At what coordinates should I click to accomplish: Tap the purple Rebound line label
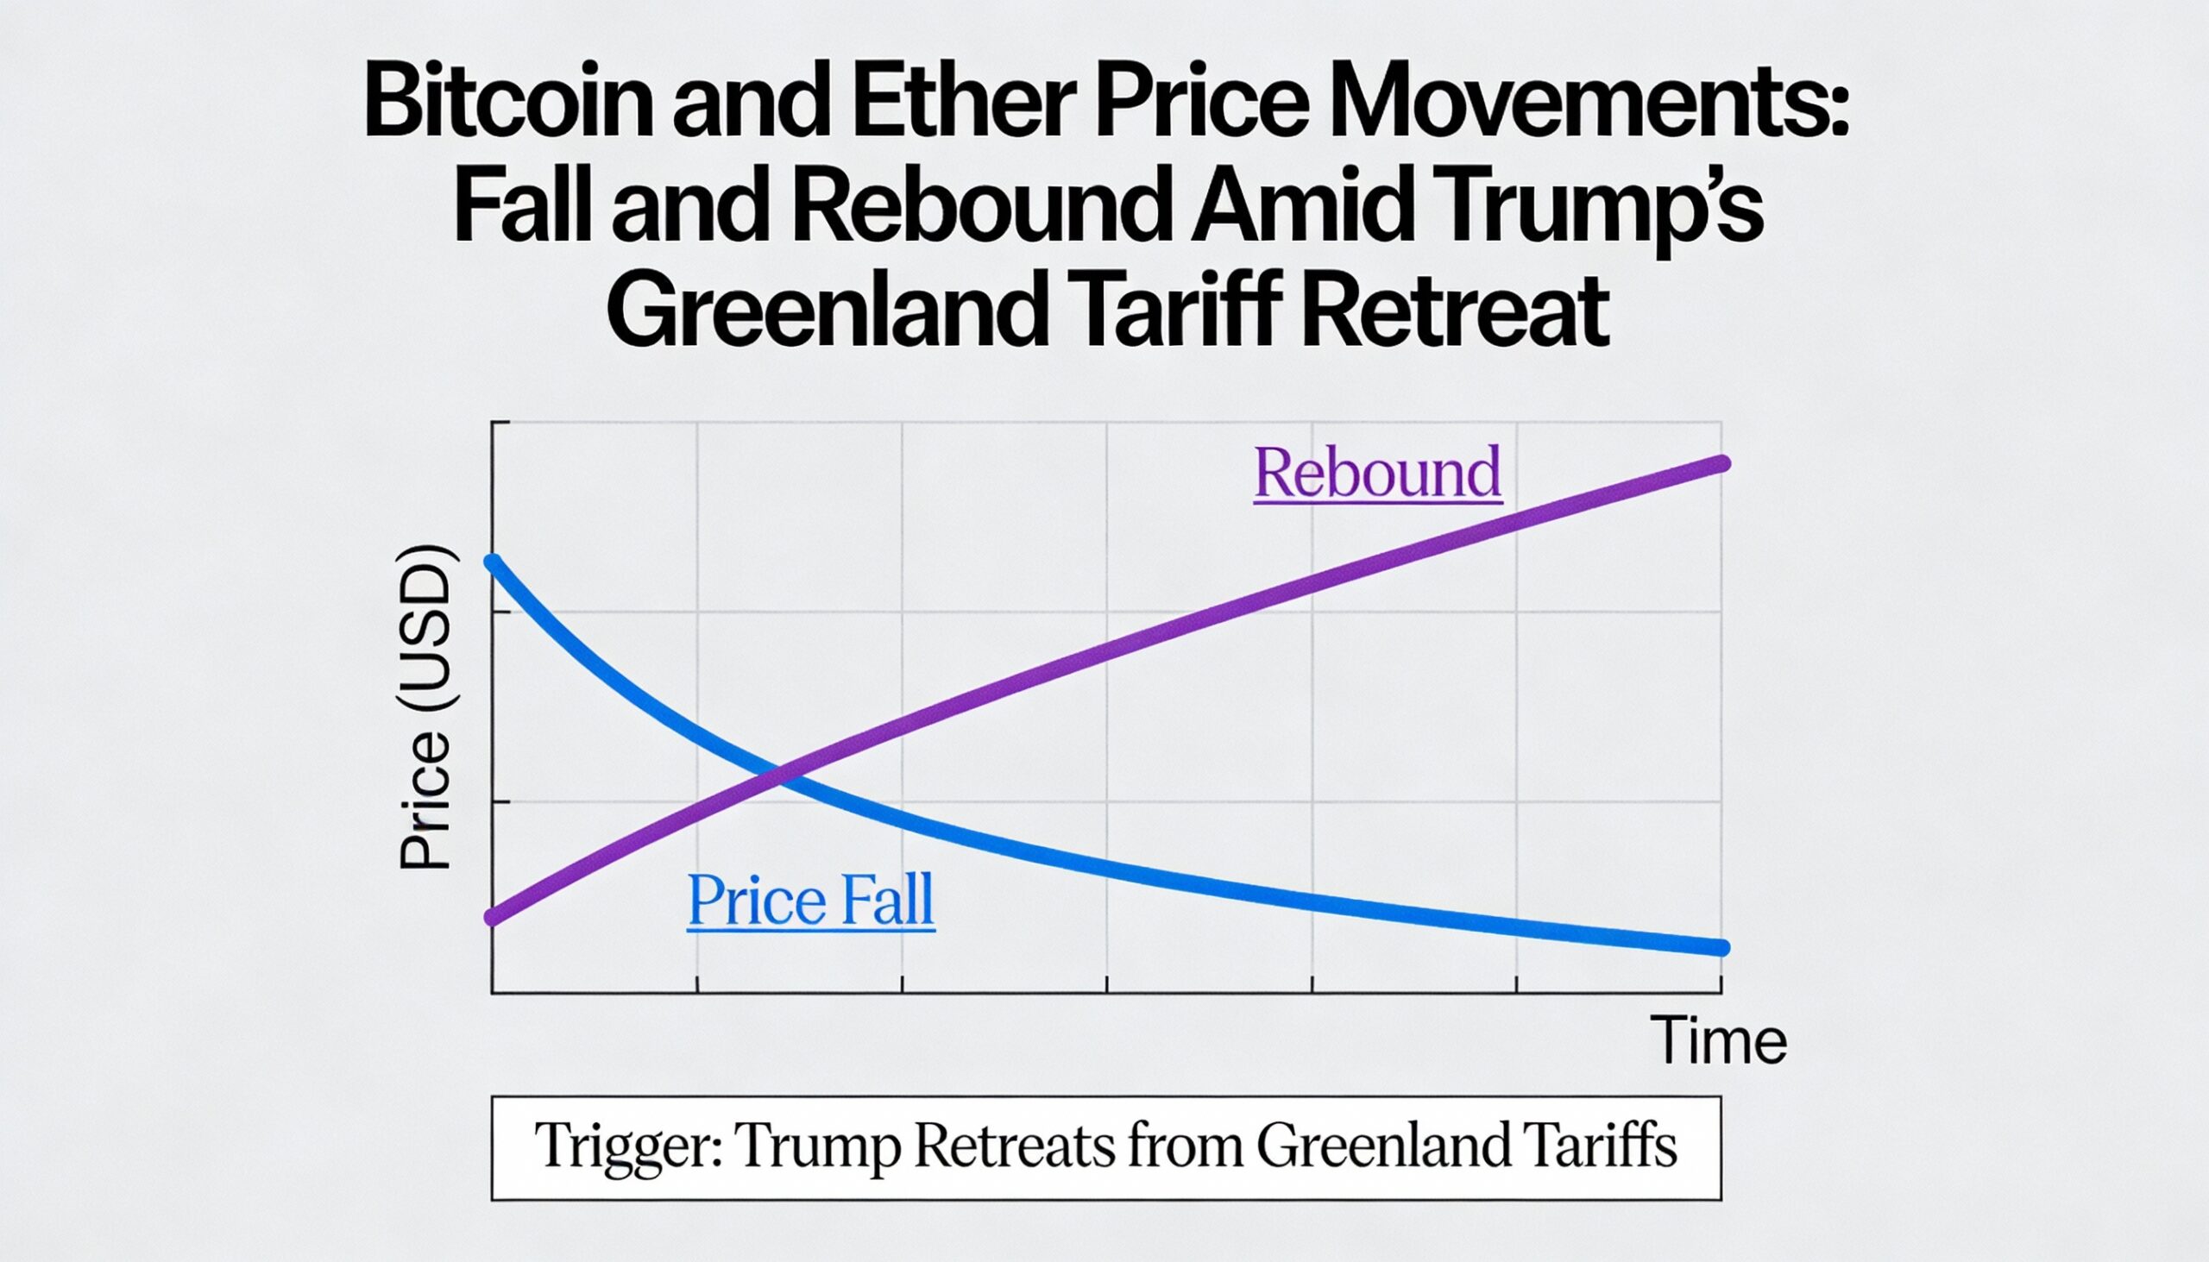(x=1377, y=473)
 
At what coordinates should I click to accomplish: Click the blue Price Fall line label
(x=810, y=901)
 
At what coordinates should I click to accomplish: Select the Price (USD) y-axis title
(x=425, y=706)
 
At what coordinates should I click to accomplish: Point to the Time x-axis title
(x=1717, y=1040)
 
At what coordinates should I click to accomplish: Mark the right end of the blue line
(x=1721, y=948)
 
